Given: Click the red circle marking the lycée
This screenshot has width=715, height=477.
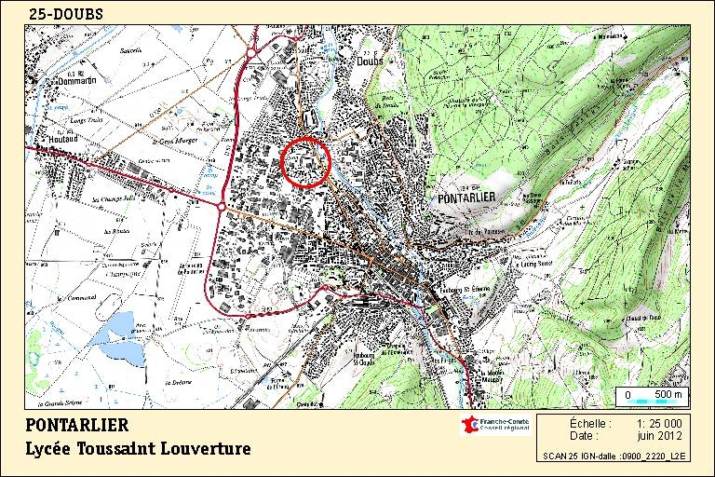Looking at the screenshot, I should (305, 160).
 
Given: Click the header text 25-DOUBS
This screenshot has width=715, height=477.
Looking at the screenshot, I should (66, 14).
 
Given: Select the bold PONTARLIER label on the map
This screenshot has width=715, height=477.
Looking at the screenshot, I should (470, 197).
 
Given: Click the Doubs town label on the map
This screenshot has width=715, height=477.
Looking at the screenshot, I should (370, 62).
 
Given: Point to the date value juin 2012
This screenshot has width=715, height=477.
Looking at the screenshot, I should (659, 435).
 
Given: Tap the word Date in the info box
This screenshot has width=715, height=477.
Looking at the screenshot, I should (584, 435).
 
